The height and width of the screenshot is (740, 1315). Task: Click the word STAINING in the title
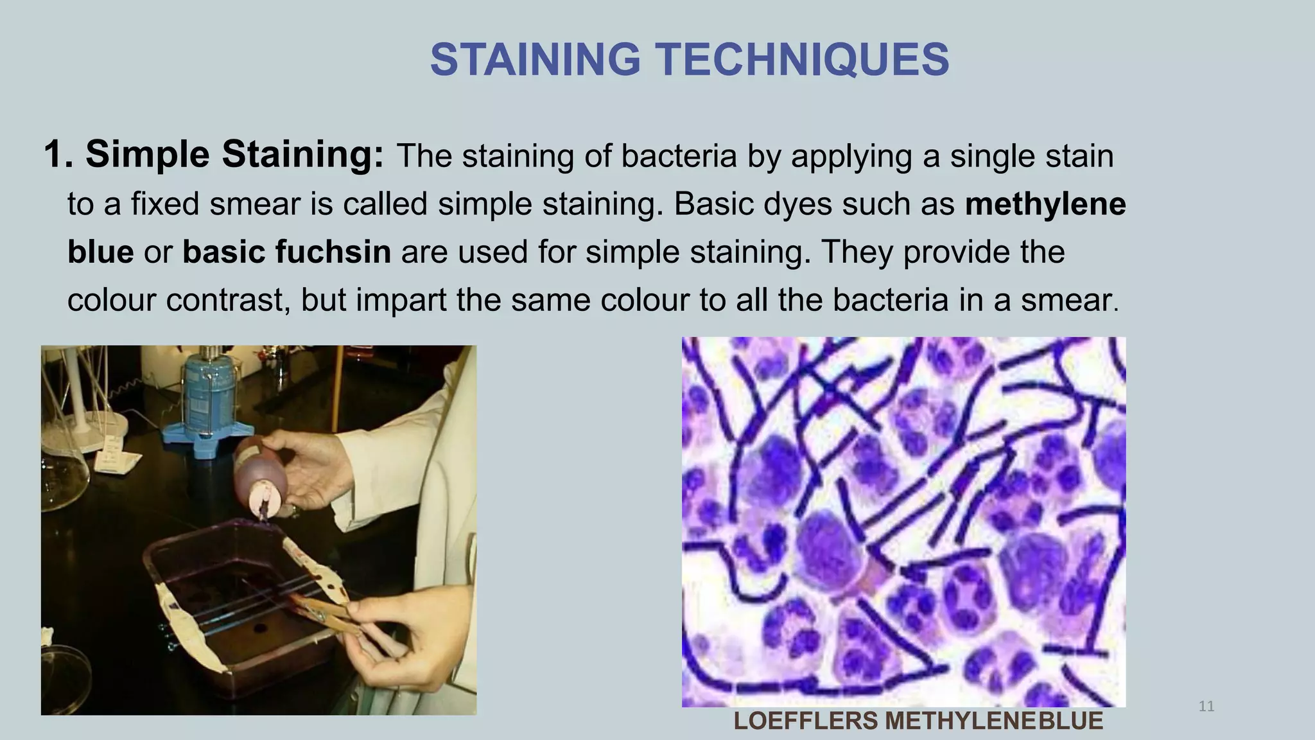(x=535, y=60)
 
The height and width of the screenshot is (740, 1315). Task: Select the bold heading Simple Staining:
(x=234, y=155)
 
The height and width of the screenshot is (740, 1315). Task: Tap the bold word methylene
(x=1045, y=204)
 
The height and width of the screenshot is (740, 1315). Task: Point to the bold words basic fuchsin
(x=286, y=252)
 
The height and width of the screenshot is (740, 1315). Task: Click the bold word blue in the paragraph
(x=100, y=252)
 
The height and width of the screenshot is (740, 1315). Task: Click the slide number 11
(x=1206, y=707)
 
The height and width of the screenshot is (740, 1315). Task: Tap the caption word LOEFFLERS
(x=805, y=721)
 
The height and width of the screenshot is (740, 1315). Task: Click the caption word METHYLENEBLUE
(x=994, y=721)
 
